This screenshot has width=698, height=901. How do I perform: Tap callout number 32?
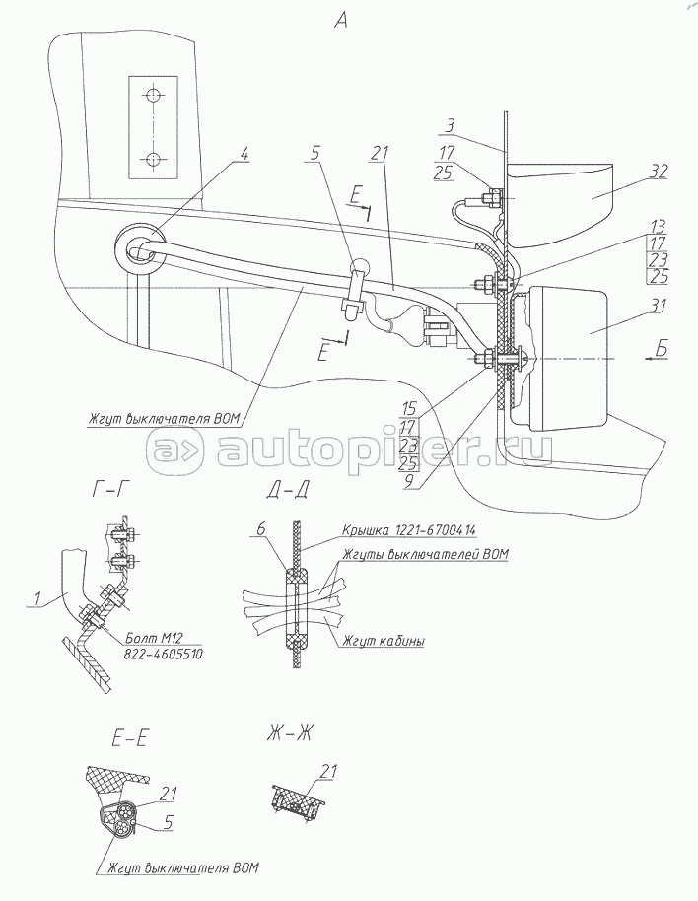(x=659, y=171)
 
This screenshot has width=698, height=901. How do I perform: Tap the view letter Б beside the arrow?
(x=660, y=347)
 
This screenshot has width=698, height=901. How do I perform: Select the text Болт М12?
(x=156, y=636)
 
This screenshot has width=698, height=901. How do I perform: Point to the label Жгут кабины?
(x=384, y=642)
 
